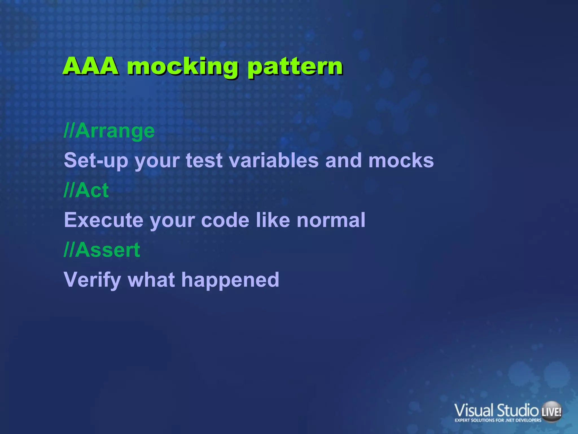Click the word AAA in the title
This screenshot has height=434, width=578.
point(91,66)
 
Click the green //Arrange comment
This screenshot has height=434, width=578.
point(109,131)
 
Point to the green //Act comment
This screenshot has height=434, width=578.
point(86,190)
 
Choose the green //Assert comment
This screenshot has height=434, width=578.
point(102,250)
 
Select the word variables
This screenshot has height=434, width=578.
point(274,160)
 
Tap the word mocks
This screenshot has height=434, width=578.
point(401,160)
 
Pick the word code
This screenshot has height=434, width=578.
point(225,220)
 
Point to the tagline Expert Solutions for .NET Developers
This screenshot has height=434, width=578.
point(498,420)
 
